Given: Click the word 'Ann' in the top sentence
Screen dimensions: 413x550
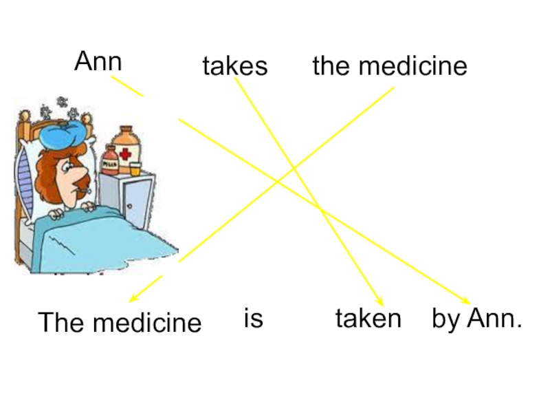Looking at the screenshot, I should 98,61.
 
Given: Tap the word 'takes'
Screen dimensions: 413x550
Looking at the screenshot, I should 234,66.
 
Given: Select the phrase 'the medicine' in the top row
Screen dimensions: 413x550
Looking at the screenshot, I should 389,66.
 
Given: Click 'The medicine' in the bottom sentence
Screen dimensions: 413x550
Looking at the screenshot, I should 120,322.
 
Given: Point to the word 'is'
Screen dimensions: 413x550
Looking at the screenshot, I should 254,319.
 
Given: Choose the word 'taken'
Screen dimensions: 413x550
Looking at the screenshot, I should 368,319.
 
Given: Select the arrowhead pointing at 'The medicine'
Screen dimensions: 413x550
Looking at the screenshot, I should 133,299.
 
